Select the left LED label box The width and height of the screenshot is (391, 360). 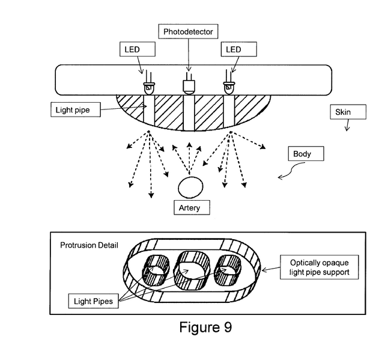tap(138, 49)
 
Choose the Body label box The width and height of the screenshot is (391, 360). tap(306, 154)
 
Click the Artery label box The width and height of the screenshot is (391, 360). tap(190, 208)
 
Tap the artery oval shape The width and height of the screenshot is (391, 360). tap(192, 187)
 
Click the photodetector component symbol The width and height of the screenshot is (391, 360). tap(189, 86)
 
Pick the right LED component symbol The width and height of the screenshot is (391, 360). tap(228, 87)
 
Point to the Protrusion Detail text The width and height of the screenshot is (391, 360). tap(88, 245)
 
